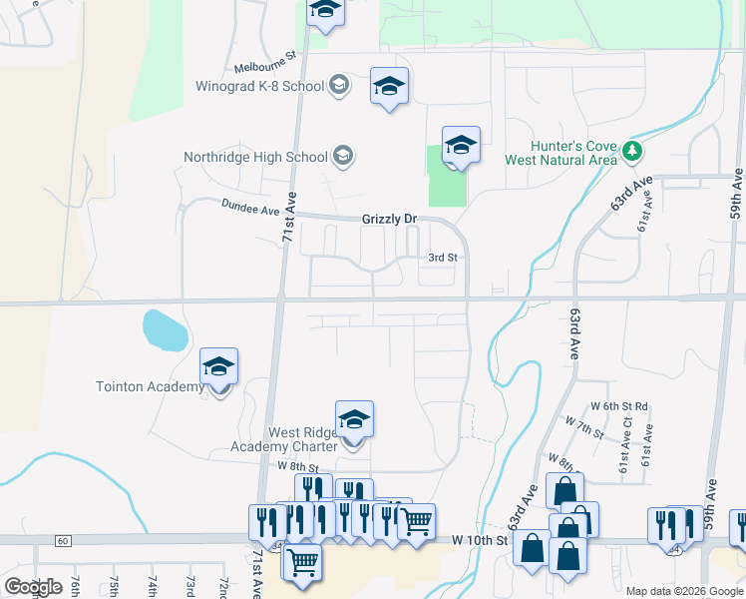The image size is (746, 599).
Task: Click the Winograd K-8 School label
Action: (260, 86)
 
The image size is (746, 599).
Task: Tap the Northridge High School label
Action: (255, 157)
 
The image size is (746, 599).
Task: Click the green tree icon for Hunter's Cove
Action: (630, 152)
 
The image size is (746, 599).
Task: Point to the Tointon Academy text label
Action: (149, 386)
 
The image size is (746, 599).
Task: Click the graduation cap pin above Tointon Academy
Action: (219, 366)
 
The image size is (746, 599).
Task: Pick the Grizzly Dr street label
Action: (389, 219)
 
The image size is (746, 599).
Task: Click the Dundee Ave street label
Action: (249, 209)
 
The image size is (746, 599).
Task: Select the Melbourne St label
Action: (266, 66)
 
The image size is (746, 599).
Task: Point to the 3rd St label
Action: (442, 257)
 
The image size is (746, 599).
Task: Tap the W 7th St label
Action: (583, 429)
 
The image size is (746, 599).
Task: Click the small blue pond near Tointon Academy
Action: (164, 329)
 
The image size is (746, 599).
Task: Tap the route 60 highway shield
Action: (63, 541)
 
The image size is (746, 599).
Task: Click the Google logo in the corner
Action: (33, 587)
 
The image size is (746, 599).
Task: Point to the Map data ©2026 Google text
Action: (683, 591)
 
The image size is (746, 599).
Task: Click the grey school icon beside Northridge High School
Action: (343, 155)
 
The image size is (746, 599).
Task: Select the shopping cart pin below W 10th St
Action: (301, 561)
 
